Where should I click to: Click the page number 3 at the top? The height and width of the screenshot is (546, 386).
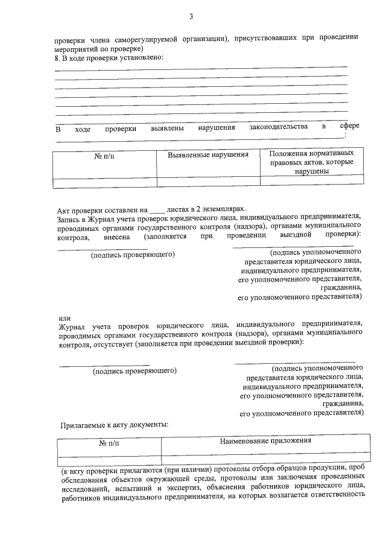[x=191, y=16]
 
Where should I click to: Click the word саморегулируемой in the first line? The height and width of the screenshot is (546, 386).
[x=140, y=38]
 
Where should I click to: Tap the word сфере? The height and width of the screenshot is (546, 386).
[x=350, y=127]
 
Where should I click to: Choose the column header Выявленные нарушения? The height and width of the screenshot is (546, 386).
[x=208, y=155]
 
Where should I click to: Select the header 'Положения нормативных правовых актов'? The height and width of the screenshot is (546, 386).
[x=312, y=162]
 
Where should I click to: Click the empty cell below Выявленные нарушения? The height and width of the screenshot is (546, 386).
[x=208, y=180]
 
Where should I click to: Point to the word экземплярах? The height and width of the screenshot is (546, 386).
[x=226, y=206]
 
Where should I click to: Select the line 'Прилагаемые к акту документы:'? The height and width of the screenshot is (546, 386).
[x=115, y=425]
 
